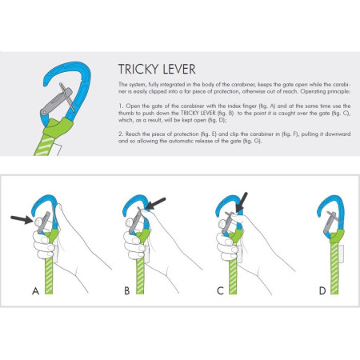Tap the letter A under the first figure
point(34,291)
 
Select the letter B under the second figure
point(126,291)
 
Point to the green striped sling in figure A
point(53,272)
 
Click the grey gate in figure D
point(326,223)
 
